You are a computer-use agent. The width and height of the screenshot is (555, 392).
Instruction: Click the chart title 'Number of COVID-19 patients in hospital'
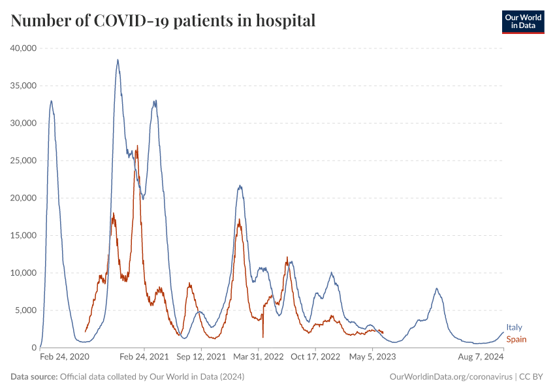click(x=163, y=20)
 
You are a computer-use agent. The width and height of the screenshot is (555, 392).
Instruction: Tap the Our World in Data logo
click(x=523, y=22)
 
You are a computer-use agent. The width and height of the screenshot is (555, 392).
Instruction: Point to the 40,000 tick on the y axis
click(x=23, y=48)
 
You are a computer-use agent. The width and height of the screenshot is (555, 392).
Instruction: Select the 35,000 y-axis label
click(x=23, y=86)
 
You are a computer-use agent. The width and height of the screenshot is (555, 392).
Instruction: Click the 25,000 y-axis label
click(x=23, y=161)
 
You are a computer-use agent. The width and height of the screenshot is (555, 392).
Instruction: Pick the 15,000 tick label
click(x=23, y=235)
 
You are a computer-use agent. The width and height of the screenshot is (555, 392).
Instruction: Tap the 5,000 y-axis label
click(x=25, y=310)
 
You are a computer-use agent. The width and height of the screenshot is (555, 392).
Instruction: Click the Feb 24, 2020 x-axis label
click(x=64, y=357)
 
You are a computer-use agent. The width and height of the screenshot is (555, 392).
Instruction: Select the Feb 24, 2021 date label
click(x=144, y=357)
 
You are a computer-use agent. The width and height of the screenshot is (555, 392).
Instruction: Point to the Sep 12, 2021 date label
click(x=201, y=357)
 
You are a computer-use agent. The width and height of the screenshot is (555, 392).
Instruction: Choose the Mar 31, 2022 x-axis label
click(x=259, y=357)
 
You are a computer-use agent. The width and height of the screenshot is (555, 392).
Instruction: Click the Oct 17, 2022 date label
click(x=316, y=357)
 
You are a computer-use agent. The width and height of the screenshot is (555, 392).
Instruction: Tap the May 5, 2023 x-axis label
click(x=372, y=357)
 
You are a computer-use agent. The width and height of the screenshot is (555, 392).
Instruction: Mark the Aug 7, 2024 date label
click(x=480, y=357)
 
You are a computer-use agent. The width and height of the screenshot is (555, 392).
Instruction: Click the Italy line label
click(x=514, y=328)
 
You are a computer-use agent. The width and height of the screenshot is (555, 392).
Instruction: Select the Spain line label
click(x=516, y=339)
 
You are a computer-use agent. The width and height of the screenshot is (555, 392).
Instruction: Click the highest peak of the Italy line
click(x=118, y=60)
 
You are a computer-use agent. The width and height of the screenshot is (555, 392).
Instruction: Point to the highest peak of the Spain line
click(x=137, y=146)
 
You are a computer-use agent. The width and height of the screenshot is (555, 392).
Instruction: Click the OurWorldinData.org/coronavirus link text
click(x=451, y=377)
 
